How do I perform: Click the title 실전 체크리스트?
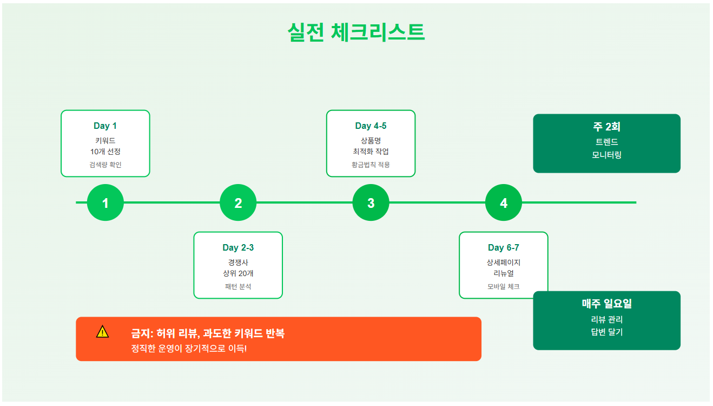coord(356,32)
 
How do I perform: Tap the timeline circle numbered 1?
coord(105,203)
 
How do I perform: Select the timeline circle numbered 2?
coord(238,203)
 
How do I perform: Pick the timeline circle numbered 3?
coord(371,203)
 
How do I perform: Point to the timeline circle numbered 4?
coord(504,203)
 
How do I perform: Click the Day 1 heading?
coord(105,126)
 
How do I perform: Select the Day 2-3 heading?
coord(238,248)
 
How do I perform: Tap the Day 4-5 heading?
coord(371,126)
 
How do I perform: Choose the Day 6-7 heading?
coord(503,248)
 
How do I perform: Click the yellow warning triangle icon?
coord(102,332)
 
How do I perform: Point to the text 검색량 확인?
coord(105,165)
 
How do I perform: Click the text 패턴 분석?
coord(238,286)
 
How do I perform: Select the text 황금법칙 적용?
coord(371,165)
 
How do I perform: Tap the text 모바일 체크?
coord(503,286)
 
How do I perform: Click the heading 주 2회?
coord(606,127)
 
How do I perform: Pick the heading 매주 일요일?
coord(606,304)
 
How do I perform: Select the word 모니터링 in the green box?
coord(606,155)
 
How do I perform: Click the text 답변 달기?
coord(606,332)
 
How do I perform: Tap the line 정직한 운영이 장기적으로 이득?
coord(189,348)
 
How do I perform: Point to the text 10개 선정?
coord(105,152)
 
